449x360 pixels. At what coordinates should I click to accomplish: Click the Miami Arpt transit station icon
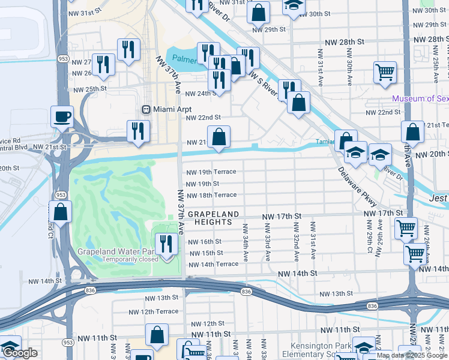[145, 109]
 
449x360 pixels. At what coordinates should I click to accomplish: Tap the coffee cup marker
[61, 116]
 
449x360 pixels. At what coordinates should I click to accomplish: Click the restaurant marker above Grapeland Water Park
[166, 244]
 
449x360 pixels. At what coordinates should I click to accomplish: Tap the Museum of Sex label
[420, 98]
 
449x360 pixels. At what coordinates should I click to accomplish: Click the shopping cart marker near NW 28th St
[385, 73]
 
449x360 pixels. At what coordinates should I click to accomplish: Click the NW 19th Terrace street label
[211, 172]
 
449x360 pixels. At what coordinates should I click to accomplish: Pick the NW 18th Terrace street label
[211, 195]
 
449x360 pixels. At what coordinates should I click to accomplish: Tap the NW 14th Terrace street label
[213, 264]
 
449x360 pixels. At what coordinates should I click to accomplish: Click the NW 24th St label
[200, 94]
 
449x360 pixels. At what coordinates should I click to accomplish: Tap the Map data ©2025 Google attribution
[412, 355]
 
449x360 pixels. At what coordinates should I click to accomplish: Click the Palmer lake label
[185, 59]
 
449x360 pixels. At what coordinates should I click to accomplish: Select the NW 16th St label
[205, 242]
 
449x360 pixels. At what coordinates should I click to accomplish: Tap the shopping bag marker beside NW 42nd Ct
[60, 211]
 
